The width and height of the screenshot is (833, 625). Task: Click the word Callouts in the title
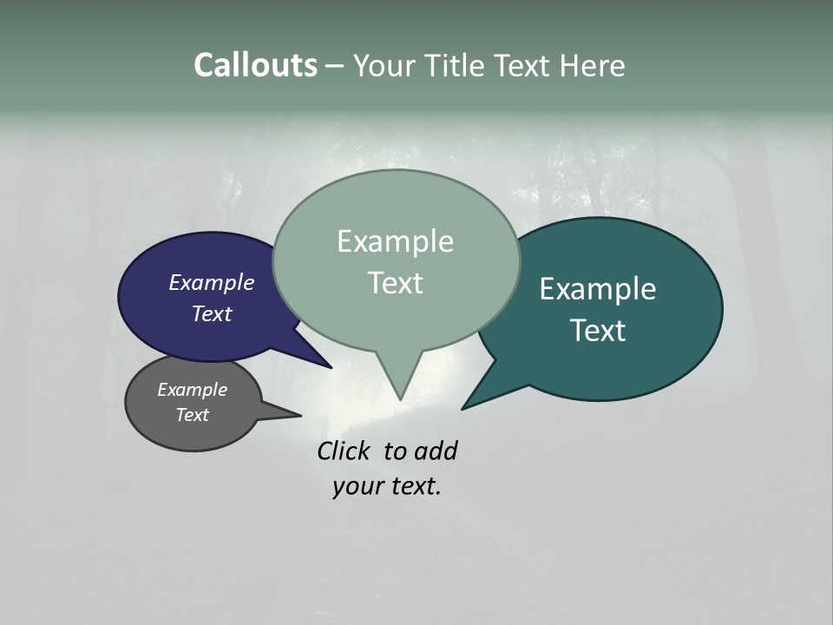pos(255,66)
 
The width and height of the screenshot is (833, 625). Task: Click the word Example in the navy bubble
pos(211,283)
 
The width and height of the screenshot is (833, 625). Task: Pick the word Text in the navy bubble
pos(211,313)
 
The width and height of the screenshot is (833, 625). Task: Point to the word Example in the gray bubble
pos(192,390)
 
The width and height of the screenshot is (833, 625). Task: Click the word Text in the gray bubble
pos(192,415)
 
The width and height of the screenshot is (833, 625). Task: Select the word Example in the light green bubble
pos(395,241)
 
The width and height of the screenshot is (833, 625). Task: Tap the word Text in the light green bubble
pos(395,283)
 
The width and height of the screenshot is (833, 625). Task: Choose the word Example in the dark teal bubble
pos(598,289)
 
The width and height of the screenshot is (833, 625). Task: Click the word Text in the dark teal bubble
pos(598,331)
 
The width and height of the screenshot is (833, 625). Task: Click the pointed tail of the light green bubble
pos(399,396)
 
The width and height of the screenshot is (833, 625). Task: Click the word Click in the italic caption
pos(343,451)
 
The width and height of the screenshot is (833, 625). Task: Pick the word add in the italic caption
pos(436,451)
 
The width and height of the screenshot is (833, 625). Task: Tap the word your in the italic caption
pos(357,486)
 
